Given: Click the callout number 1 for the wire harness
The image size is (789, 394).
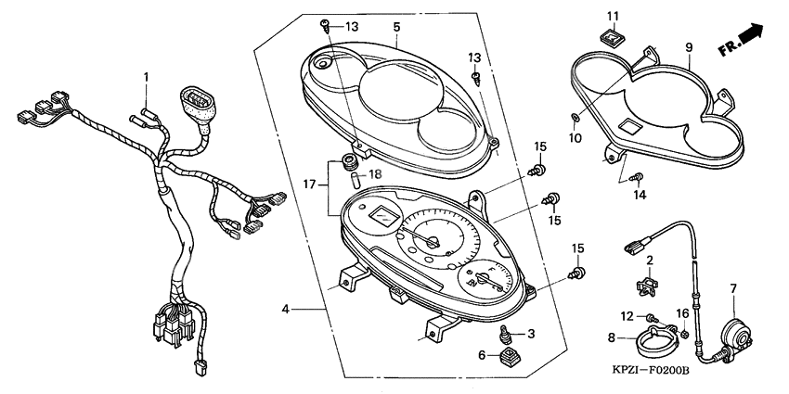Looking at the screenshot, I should pyautogui.click(x=146, y=75).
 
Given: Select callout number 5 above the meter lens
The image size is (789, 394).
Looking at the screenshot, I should pyautogui.click(x=395, y=26).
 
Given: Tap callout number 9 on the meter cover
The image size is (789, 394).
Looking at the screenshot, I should pyautogui.click(x=689, y=46).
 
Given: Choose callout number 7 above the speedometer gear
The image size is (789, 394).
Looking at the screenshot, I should pyautogui.click(x=732, y=289).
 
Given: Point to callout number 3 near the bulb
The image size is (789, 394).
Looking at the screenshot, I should pyautogui.click(x=531, y=333).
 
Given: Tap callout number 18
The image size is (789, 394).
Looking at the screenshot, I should pyautogui.click(x=376, y=174).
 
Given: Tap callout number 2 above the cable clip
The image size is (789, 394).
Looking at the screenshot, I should pyautogui.click(x=651, y=261).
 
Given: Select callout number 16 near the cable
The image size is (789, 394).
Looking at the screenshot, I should pyautogui.click(x=683, y=314).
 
